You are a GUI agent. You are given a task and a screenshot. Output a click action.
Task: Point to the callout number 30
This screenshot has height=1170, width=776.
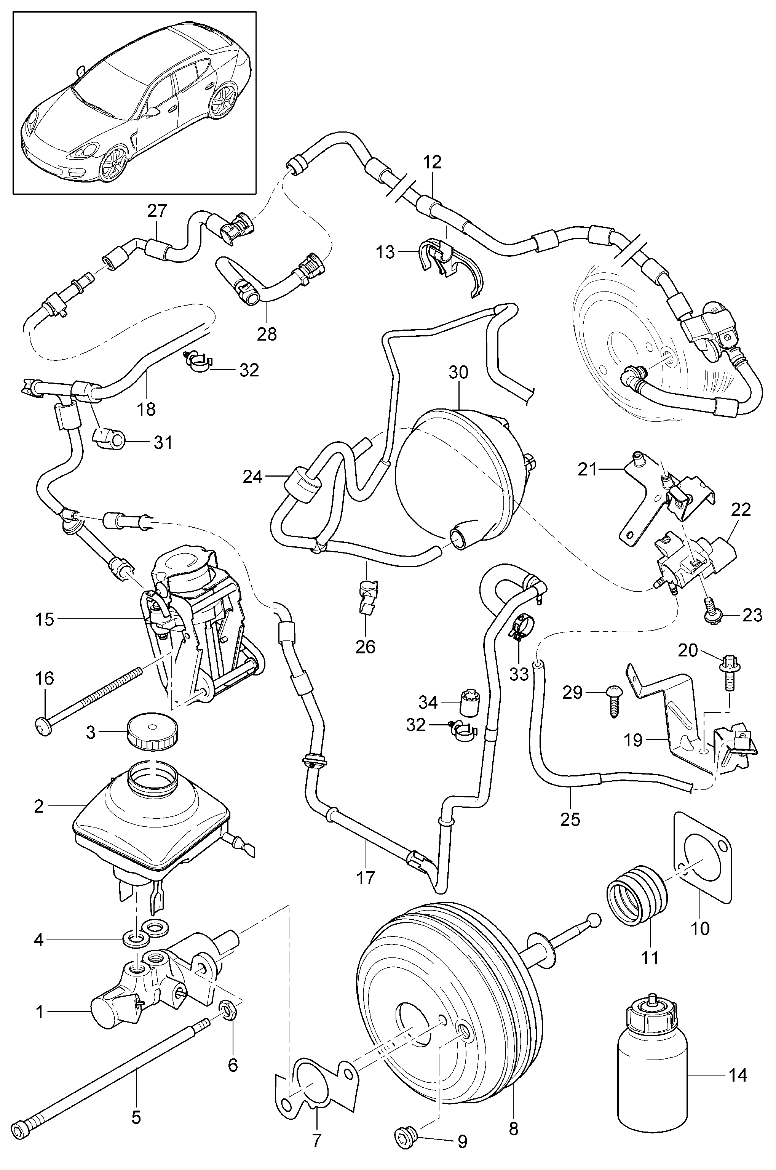pyautogui.click(x=458, y=372)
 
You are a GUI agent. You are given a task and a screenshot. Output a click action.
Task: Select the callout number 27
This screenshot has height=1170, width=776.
pyautogui.click(x=157, y=211)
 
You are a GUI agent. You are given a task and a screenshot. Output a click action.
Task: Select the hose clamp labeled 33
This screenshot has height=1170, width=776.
pyautogui.click(x=519, y=626)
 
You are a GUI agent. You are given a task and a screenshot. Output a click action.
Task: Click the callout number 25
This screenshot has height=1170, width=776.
pyautogui.click(x=570, y=819)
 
